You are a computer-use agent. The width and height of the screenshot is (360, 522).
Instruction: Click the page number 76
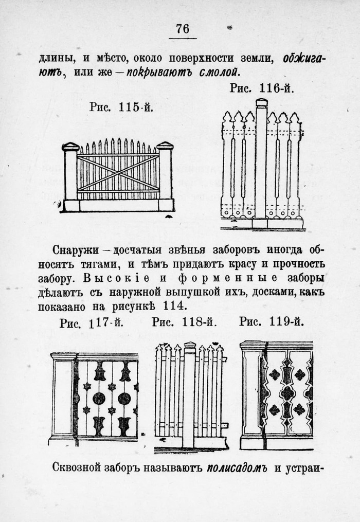(183, 29)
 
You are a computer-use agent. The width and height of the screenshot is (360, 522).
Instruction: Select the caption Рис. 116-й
(262, 88)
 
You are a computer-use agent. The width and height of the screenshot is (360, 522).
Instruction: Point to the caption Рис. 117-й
(92, 323)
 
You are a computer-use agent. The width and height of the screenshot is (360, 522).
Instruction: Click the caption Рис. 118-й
(185, 322)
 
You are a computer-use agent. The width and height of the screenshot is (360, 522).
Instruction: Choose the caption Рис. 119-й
(272, 322)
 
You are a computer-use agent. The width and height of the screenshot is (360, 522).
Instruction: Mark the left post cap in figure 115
(70, 147)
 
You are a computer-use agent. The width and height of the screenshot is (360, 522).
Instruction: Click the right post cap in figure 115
(165, 146)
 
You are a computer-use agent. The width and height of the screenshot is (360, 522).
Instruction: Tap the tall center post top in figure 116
(262, 102)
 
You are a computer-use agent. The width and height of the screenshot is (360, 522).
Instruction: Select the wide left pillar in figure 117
(62, 398)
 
